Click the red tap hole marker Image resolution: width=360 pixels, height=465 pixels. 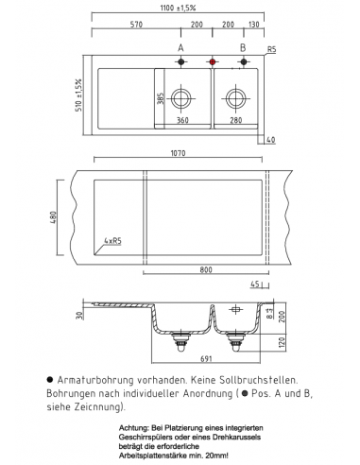(x=211, y=61)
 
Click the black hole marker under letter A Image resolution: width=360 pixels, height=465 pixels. (x=180, y=61)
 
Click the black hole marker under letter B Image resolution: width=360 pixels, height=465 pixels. (x=243, y=61)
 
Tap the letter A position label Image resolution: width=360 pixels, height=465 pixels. (x=180, y=46)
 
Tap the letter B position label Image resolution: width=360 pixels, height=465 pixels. (x=243, y=46)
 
